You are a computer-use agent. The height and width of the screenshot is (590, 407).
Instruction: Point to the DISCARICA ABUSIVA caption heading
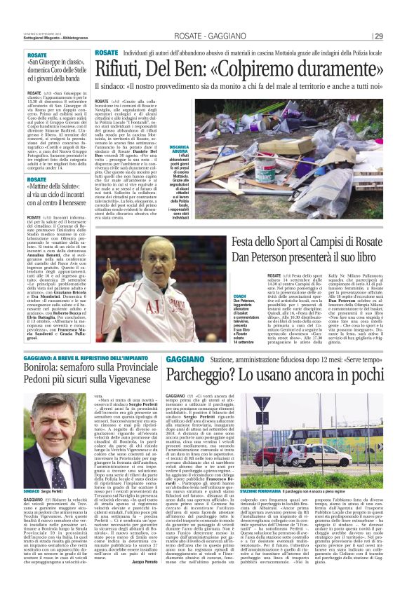[179, 150]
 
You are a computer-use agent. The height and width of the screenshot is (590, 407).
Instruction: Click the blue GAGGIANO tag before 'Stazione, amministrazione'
[185, 359]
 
